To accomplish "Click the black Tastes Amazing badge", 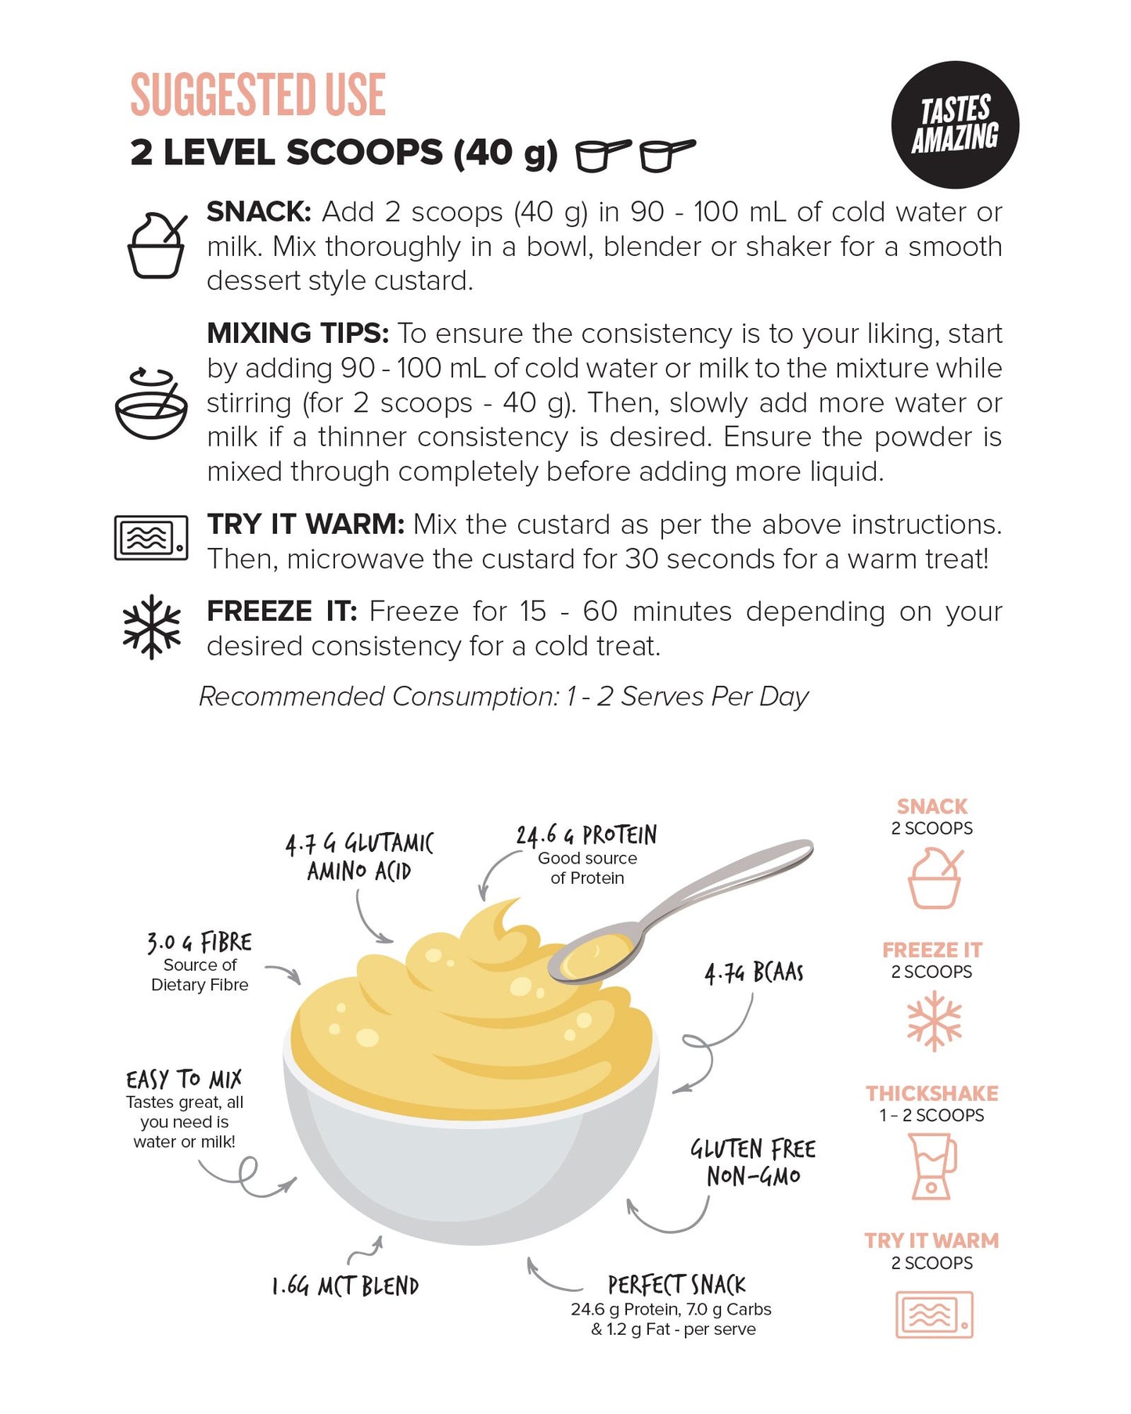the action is point(955,124).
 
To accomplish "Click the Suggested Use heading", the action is point(258,94).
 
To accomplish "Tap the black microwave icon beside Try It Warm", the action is point(151,537).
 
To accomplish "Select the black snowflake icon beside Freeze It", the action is point(152,627).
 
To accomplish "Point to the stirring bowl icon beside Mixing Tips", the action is point(151,403).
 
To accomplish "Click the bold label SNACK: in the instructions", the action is point(259,211).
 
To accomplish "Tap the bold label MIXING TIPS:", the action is point(297,334).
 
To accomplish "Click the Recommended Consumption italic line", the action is point(503,696).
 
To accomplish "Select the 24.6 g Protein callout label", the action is point(586,835).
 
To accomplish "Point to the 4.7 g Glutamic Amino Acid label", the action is point(359,857).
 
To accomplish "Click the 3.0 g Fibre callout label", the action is point(200,942).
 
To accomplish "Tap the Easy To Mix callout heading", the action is point(184,1079).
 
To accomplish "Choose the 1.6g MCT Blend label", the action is point(345,1286).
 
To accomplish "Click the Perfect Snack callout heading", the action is point(677,1285).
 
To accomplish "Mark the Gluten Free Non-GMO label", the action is point(753,1162).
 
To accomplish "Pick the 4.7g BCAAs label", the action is point(754,972).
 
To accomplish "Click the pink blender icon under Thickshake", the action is point(932,1167).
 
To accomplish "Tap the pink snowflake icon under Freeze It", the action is point(934,1021).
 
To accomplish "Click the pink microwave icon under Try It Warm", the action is point(934,1315).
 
